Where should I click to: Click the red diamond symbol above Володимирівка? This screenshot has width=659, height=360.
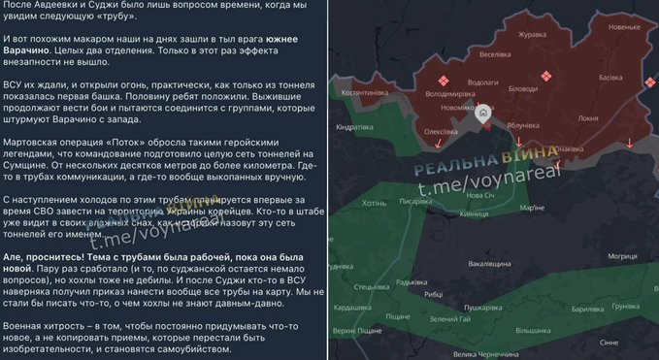(x=445, y=81)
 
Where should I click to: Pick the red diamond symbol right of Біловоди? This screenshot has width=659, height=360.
(x=547, y=77)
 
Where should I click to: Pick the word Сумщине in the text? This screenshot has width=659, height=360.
(x=32, y=166)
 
